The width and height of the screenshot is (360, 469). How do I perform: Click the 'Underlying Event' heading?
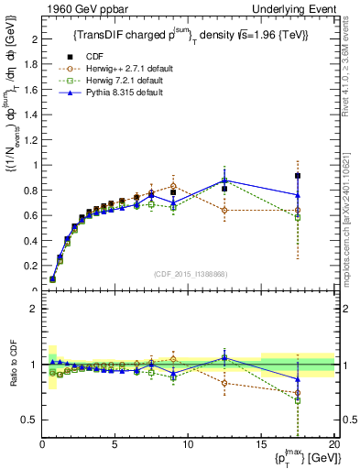(x=299, y=8)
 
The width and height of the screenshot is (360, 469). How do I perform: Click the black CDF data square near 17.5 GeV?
(x=298, y=176)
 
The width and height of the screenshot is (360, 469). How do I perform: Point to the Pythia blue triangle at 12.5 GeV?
(x=224, y=180)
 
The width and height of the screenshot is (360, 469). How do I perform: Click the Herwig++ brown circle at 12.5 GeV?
(x=224, y=210)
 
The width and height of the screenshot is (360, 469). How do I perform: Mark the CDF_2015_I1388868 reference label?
(x=190, y=272)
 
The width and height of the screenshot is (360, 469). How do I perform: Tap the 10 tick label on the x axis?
(x=188, y=444)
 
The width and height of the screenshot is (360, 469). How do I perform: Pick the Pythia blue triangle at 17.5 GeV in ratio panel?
(x=298, y=378)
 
